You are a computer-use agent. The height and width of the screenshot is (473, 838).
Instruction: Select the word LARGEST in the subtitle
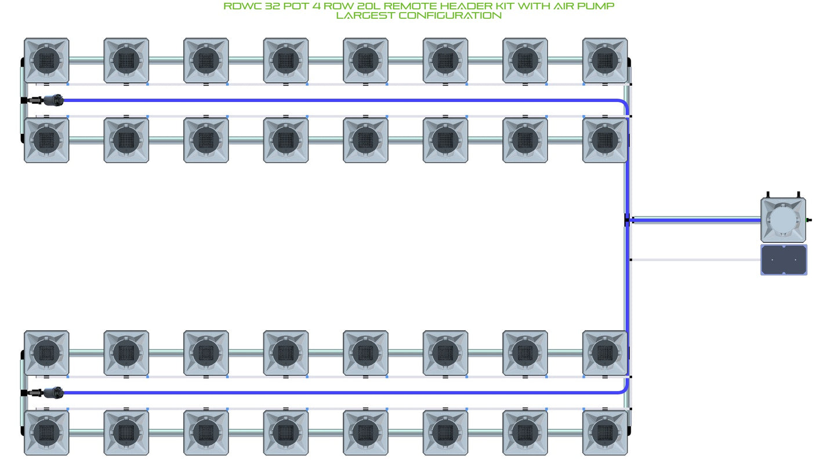click(365, 15)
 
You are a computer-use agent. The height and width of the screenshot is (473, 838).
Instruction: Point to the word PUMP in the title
click(596, 6)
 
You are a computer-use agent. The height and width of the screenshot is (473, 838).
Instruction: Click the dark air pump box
click(783, 260)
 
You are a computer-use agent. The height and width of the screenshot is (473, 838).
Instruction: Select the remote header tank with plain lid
click(783, 220)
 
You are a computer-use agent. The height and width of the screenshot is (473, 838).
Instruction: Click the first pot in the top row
click(46, 60)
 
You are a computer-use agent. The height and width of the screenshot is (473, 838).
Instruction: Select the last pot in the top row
click(605, 60)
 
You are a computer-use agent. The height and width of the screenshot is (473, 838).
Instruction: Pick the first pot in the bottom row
click(46, 432)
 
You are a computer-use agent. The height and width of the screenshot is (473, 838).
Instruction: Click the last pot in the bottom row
click(605, 432)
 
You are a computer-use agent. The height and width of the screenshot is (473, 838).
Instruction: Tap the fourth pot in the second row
click(286, 140)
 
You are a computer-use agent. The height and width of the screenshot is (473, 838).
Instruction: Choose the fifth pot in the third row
click(365, 353)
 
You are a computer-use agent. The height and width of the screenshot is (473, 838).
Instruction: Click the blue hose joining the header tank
click(695, 220)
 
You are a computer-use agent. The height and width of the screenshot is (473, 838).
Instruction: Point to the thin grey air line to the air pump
click(696, 260)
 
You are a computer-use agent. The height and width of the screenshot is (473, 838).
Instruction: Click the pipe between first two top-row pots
click(86, 60)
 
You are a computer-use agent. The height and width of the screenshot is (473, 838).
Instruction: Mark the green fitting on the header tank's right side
click(809, 220)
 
